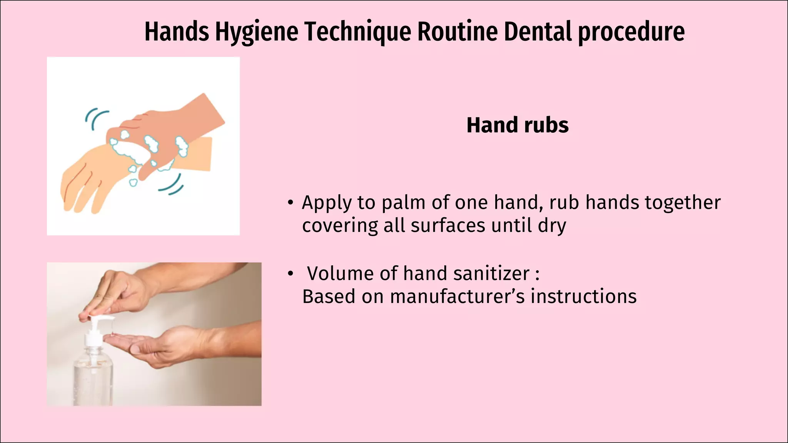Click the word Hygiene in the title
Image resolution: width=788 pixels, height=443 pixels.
click(256, 32)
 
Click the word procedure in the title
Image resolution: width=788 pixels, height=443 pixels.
click(631, 32)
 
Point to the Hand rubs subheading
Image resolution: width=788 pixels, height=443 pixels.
click(517, 125)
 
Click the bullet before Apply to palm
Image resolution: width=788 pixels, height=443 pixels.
click(290, 203)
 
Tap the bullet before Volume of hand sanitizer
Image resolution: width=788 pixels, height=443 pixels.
click(290, 274)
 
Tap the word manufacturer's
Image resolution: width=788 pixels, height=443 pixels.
click(457, 297)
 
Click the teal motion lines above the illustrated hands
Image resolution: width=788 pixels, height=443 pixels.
click(95, 117)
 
